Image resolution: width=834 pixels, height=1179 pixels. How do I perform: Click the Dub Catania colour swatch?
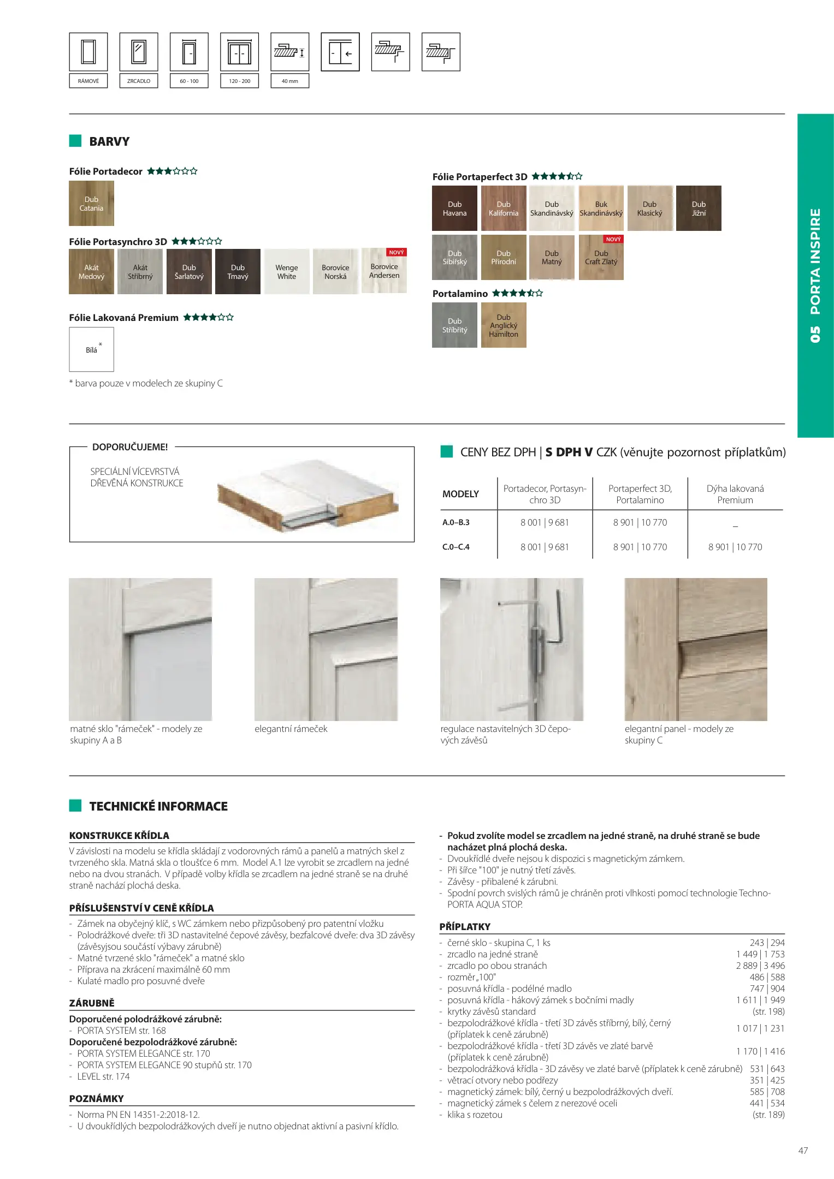[x=91, y=204]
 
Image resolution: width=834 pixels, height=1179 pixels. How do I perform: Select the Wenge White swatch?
[x=286, y=272]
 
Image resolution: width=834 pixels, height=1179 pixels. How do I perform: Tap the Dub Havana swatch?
[x=454, y=209]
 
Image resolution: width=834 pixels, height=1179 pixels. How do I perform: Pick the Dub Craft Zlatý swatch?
[x=601, y=258]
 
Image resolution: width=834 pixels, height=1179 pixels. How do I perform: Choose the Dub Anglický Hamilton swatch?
[x=504, y=326]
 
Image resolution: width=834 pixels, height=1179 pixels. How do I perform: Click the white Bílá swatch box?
[x=91, y=349]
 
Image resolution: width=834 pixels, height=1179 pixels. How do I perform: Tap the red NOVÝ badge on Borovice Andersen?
[x=397, y=253]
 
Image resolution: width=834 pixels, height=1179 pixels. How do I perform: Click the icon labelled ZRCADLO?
[x=139, y=52]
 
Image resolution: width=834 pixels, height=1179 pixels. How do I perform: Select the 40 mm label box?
[x=290, y=81]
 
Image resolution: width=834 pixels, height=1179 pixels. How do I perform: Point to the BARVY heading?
[x=109, y=142]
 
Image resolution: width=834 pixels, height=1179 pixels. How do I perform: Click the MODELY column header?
[x=460, y=494]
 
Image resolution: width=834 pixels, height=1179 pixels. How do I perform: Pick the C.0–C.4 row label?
[x=456, y=547]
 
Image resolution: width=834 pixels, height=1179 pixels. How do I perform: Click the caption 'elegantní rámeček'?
[x=291, y=729]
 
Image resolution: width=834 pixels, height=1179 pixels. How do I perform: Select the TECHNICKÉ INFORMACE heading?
[x=158, y=806]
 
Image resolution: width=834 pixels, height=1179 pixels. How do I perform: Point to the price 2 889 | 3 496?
[x=760, y=966]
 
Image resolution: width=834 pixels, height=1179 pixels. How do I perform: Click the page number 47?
[x=803, y=1151]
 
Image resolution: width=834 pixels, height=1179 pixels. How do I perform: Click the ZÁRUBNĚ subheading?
[x=92, y=1003]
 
